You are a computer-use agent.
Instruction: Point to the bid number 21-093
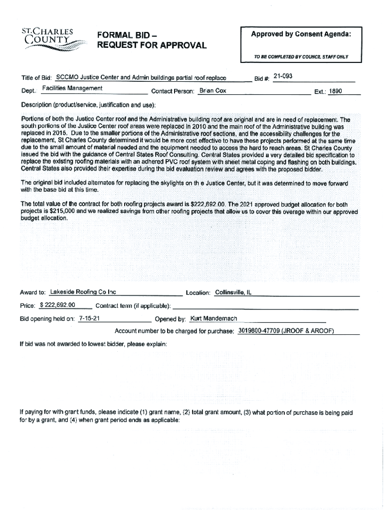[x=284, y=76]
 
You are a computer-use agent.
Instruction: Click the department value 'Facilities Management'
[x=72, y=88]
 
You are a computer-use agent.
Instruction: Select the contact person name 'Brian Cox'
[x=212, y=91]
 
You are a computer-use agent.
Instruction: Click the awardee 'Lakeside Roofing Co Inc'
[x=83, y=292]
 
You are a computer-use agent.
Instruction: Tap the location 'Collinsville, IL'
[x=232, y=292]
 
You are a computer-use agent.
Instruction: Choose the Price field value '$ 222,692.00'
[x=57, y=305]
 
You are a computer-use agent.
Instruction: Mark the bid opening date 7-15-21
[x=90, y=318]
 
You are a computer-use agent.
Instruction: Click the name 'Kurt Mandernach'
[x=213, y=318]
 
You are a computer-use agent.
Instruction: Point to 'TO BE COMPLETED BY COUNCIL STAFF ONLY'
[x=301, y=57]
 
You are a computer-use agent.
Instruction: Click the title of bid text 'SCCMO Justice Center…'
[x=141, y=78]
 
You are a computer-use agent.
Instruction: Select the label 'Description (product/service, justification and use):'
[x=88, y=105]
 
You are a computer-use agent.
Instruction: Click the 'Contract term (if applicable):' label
[x=133, y=305]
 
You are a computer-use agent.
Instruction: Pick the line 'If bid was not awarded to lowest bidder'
[x=93, y=344]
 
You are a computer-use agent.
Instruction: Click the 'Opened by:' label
[x=170, y=319]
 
